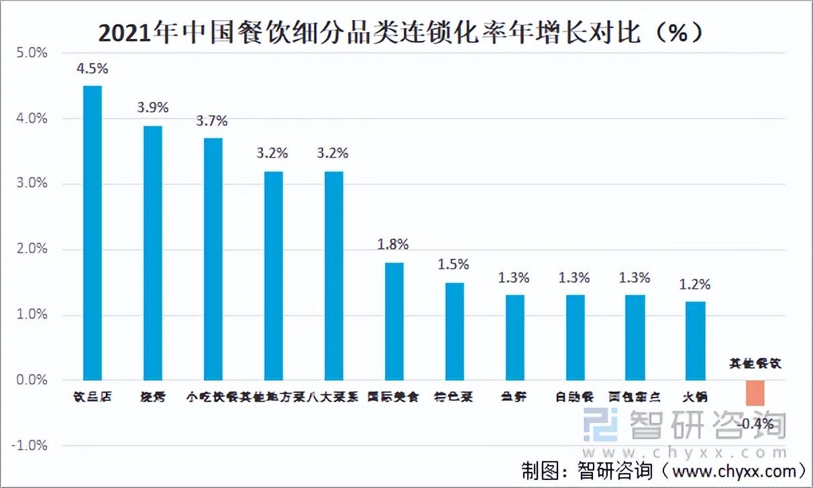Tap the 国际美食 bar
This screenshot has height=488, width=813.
(x=394, y=321)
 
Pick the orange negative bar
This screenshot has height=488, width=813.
(x=755, y=393)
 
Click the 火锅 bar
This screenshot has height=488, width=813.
(x=695, y=341)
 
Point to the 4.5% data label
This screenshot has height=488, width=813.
(x=93, y=68)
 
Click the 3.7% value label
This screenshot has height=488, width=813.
(x=212, y=121)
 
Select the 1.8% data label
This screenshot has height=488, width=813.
(x=393, y=245)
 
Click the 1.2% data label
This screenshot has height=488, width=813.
(x=694, y=284)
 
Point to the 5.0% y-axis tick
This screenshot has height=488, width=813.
(x=32, y=53)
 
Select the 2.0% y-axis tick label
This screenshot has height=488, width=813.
(x=32, y=249)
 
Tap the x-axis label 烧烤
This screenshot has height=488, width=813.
(x=152, y=397)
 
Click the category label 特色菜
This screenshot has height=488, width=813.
(x=453, y=397)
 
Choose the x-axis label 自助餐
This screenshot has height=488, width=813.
(x=575, y=397)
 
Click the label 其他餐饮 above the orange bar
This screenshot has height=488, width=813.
(x=756, y=364)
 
